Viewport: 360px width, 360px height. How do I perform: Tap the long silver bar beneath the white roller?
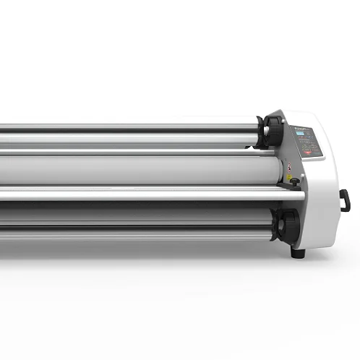145,193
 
